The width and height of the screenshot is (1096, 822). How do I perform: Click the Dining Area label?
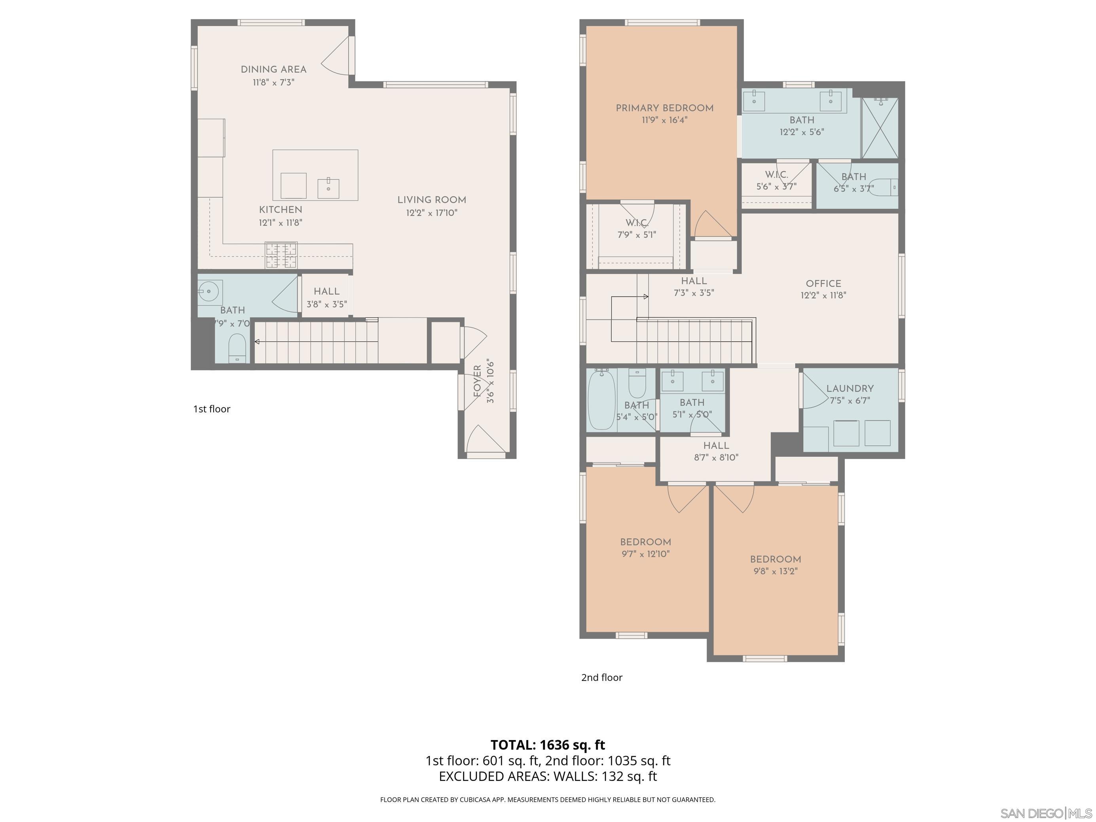click(273, 69)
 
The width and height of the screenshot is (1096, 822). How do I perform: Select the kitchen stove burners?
click(281, 255)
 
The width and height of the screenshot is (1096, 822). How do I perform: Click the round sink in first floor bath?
click(208, 291)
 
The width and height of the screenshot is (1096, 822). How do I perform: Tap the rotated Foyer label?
click(478, 381)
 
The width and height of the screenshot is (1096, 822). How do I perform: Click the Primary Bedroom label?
click(664, 108)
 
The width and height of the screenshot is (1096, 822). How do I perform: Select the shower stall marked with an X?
click(880, 128)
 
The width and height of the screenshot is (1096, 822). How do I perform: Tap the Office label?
click(823, 283)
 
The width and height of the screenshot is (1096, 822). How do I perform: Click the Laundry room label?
click(850, 388)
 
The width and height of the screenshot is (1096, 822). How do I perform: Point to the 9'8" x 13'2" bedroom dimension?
click(776, 571)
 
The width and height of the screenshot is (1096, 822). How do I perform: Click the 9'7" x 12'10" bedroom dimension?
click(646, 554)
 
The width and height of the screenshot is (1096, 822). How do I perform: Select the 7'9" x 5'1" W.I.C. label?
click(637, 229)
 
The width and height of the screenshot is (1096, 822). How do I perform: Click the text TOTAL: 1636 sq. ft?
click(548, 745)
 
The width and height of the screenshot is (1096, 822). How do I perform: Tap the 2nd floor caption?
click(601, 677)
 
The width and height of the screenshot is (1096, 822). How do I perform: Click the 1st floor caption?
click(212, 409)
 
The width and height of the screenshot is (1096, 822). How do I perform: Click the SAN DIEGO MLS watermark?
click(1045, 813)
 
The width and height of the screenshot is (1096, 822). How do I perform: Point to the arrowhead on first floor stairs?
click(257, 341)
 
